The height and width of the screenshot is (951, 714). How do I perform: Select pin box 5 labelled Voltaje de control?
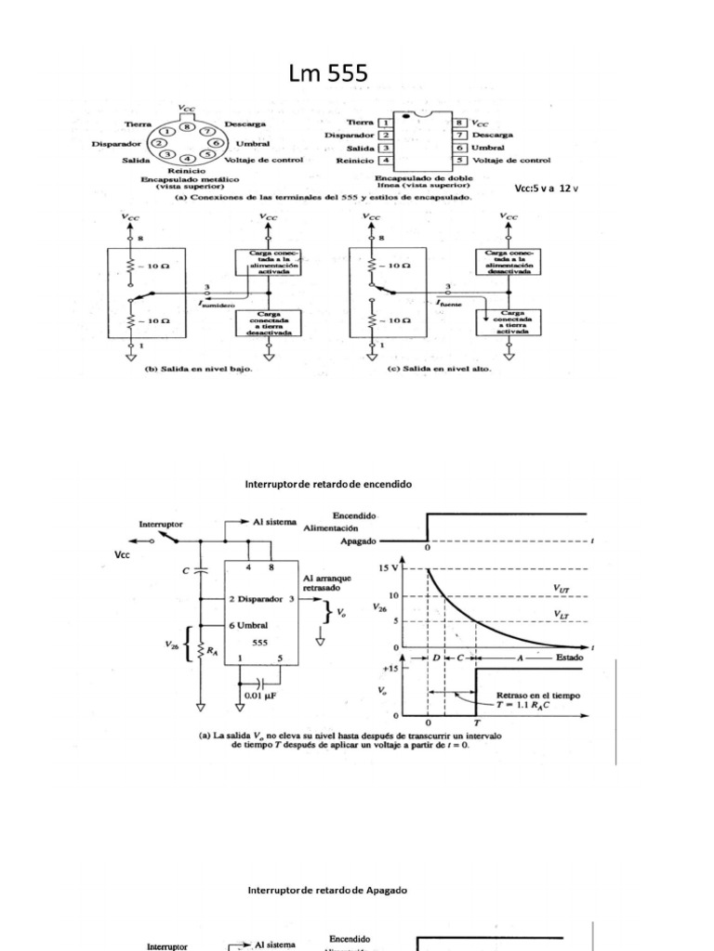[x=459, y=160]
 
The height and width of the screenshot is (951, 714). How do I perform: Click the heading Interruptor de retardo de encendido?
[x=326, y=485]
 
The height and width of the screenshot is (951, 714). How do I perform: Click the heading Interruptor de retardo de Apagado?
[x=326, y=889]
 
